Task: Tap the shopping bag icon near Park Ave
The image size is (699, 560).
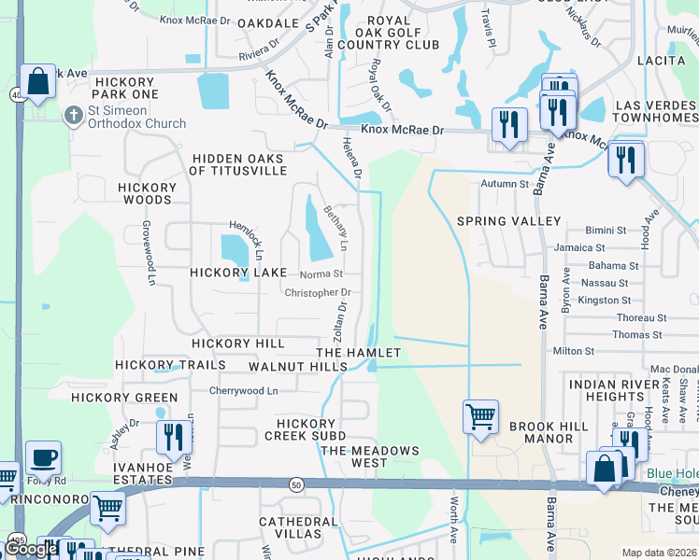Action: click(38, 82)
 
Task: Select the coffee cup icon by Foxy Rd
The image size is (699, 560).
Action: click(43, 458)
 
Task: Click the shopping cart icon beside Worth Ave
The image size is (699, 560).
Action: click(480, 416)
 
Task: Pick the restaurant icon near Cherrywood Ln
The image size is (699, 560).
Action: click(174, 437)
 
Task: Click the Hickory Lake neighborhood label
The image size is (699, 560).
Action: click(238, 273)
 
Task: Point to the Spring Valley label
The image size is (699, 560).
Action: click(508, 221)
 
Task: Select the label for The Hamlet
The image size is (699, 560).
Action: click(358, 353)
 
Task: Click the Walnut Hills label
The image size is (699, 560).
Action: click(298, 367)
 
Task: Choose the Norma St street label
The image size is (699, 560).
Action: click(321, 274)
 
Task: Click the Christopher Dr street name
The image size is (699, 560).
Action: click(318, 292)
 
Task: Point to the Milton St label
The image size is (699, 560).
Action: click(574, 351)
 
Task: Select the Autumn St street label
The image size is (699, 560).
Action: click(505, 184)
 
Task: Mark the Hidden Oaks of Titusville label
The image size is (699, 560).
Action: click(237, 165)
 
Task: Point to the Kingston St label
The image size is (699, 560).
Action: click(605, 301)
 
